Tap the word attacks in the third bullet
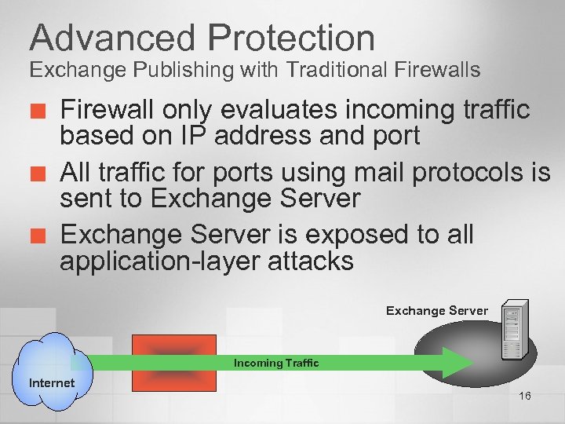pos(312,261)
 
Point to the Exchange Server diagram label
pos(436,311)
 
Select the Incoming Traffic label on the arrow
pos(276,363)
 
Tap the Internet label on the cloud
pos(52,383)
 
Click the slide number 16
pos(524,395)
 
